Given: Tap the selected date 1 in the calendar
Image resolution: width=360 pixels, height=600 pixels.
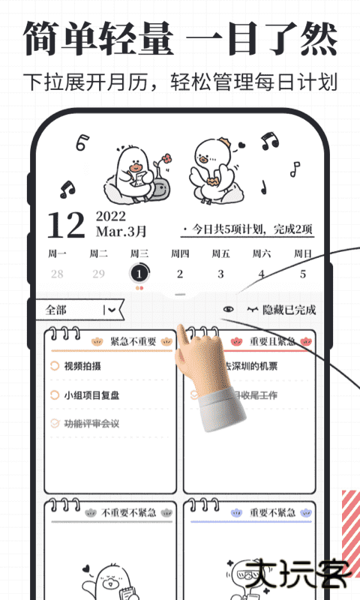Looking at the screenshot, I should click(x=139, y=274).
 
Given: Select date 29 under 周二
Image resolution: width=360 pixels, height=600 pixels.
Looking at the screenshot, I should click(x=98, y=274).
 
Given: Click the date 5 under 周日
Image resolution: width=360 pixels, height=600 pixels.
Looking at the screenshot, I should click(x=303, y=274).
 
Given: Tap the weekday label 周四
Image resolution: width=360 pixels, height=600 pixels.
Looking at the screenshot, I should click(x=180, y=253).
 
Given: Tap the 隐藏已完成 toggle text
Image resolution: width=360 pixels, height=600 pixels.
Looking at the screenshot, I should click(x=289, y=310).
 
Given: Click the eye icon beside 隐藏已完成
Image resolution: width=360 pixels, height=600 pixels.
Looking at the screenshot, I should click(x=229, y=310).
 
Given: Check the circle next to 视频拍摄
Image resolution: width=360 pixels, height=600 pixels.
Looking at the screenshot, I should click(x=54, y=366).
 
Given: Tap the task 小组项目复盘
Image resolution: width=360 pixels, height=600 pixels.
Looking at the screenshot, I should click(x=91, y=395).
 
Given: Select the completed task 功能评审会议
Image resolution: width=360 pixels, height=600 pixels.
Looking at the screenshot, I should click(x=91, y=424).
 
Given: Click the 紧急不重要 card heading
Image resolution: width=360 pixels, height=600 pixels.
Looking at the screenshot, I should click(x=133, y=342).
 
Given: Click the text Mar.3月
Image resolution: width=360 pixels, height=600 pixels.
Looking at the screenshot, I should click(x=121, y=232).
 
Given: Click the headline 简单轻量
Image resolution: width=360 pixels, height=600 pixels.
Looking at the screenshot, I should click(x=98, y=38).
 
